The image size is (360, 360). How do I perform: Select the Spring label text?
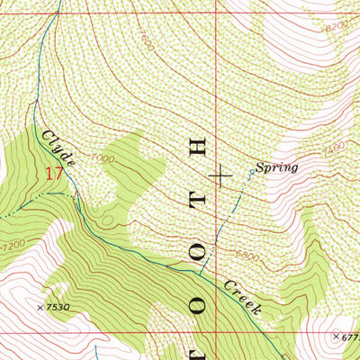(275, 167)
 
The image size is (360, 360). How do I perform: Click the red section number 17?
(54, 173)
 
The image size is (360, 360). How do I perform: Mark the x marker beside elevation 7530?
(40, 308)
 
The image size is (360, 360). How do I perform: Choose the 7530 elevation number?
(58, 308)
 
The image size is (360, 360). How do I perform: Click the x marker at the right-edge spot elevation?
(335, 337)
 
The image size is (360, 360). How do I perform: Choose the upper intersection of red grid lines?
(217, 7)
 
